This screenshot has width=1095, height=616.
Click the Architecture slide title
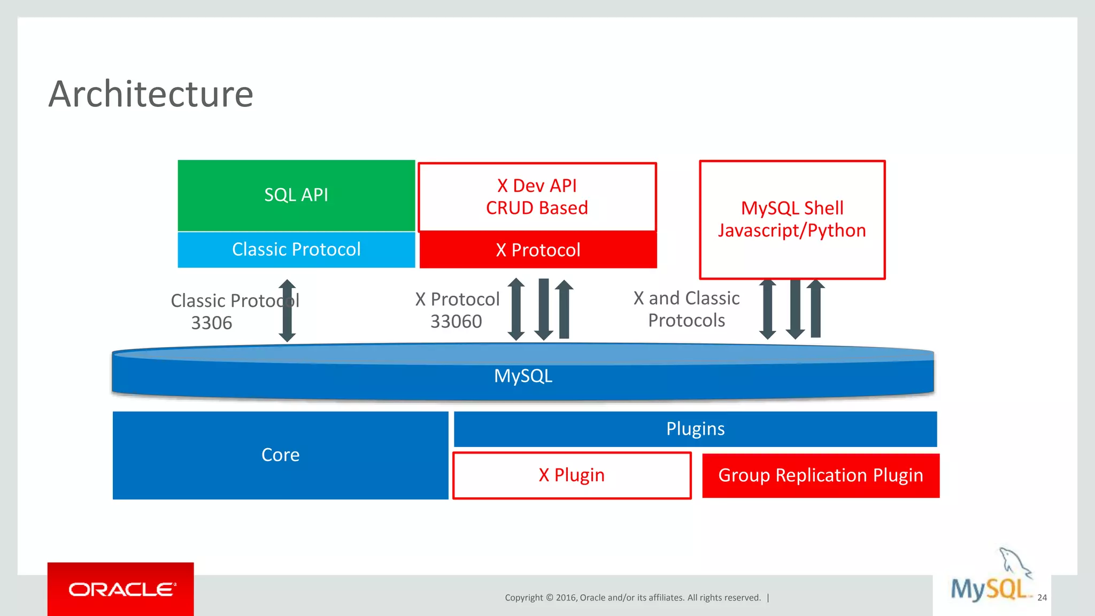(x=151, y=94)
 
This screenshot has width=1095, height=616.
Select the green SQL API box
(x=296, y=195)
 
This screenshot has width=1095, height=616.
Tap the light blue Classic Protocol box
(x=296, y=250)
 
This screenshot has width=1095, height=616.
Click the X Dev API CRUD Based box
(x=537, y=197)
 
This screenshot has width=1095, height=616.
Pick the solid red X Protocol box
(x=538, y=250)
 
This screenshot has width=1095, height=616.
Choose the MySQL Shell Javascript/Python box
(x=792, y=219)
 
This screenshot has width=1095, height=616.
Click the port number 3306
(x=212, y=323)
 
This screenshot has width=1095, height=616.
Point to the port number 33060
(x=456, y=321)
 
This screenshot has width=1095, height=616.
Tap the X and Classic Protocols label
(x=687, y=309)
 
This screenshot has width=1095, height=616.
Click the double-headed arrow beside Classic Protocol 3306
(x=288, y=311)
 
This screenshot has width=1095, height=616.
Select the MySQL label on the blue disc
(x=523, y=376)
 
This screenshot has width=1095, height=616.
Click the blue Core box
(x=280, y=455)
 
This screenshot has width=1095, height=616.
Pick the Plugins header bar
(x=695, y=429)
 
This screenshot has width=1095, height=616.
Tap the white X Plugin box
(x=572, y=475)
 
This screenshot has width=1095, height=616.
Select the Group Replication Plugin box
(x=820, y=475)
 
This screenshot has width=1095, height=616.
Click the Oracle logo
(x=121, y=589)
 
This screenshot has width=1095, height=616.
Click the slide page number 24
(x=1042, y=598)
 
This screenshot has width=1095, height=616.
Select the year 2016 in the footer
(x=566, y=598)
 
